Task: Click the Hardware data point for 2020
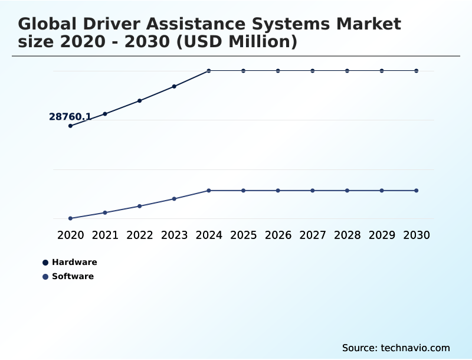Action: pyautogui.click(x=70, y=126)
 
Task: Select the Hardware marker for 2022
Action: pyautogui.click(x=140, y=101)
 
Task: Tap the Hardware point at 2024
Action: pyautogui.click(x=209, y=71)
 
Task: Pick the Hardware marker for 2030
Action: pyautogui.click(x=417, y=71)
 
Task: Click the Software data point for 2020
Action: pyautogui.click(x=70, y=218)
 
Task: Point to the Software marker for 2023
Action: pyautogui.click(x=174, y=199)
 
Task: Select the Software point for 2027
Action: pyautogui.click(x=313, y=191)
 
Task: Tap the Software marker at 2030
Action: pyautogui.click(x=417, y=191)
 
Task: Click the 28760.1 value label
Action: pyautogui.click(x=70, y=117)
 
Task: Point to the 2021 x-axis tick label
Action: pyautogui.click(x=105, y=235)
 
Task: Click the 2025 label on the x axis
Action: pyautogui.click(x=244, y=235)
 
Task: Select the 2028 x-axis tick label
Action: pyautogui.click(x=348, y=235)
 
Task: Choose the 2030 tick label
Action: pyautogui.click(x=417, y=235)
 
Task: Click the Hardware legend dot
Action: pyautogui.click(x=45, y=263)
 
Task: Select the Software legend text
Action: pyautogui.click(x=73, y=276)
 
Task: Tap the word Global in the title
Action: pyautogui.click(x=48, y=25)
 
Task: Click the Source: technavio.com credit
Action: pyautogui.click(x=396, y=348)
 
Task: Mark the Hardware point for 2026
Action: pyautogui.click(x=278, y=71)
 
